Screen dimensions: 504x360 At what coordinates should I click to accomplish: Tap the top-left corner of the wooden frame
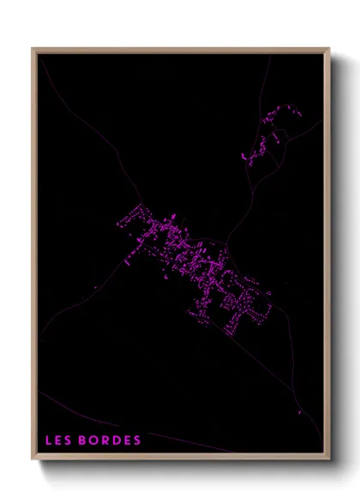click(34, 50)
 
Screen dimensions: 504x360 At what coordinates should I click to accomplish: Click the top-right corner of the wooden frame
click(328, 50)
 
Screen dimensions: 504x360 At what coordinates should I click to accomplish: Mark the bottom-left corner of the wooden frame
click(34, 460)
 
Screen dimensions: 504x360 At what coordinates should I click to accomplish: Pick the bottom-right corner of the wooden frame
click(328, 460)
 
